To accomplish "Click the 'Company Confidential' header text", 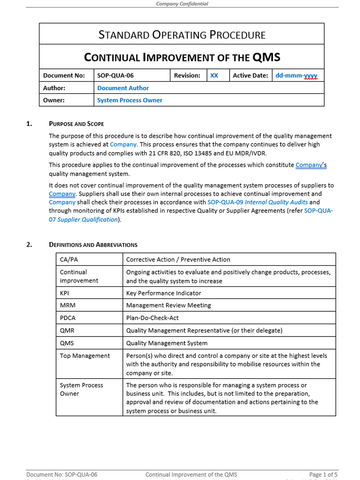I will pos(180,4).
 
